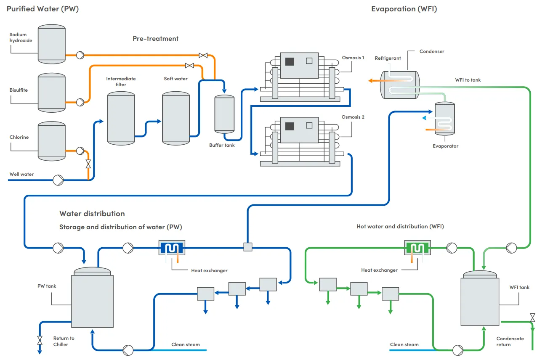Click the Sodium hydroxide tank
coord(52,44)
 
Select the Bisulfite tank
coord(52,92)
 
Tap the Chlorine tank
coord(52,141)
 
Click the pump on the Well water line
coord(58,180)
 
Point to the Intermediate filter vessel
coord(121,118)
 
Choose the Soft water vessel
coord(175,118)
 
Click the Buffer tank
coord(224,114)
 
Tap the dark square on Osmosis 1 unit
coord(290,61)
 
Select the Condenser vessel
coord(399,85)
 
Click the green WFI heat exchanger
coord(417,248)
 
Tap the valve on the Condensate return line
coord(532,318)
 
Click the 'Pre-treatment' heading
coord(155,39)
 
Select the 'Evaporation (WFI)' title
coord(404,9)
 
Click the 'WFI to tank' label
coord(468,80)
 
